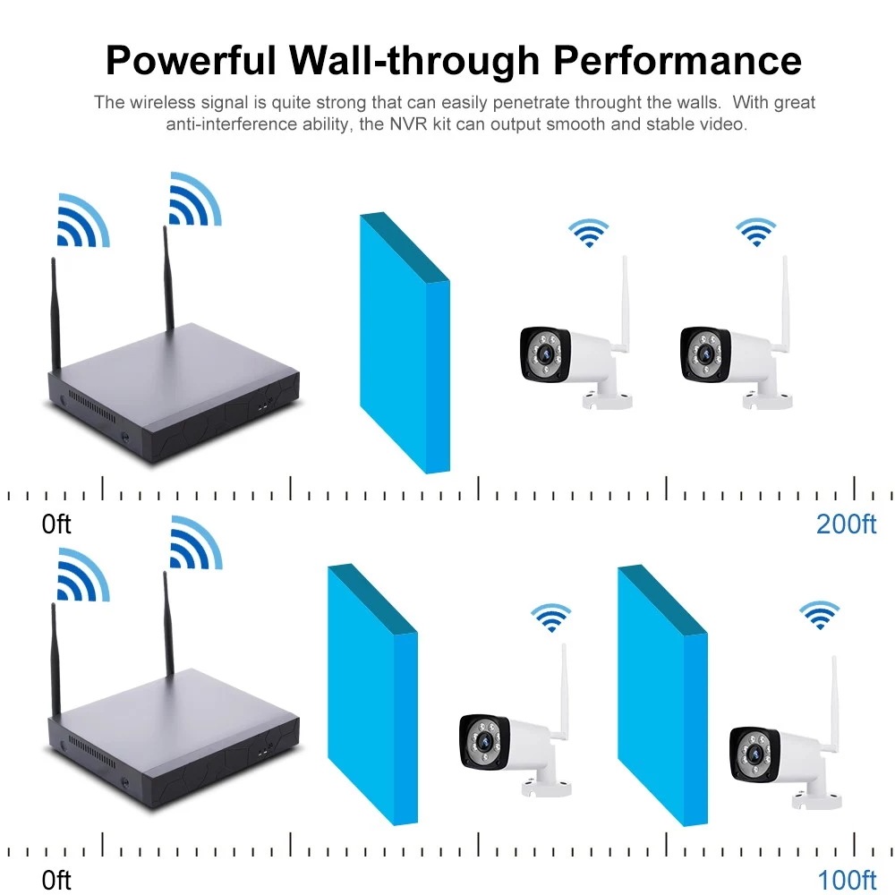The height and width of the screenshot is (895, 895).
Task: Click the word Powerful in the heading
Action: [191, 60]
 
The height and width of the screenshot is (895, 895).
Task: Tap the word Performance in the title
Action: [678, 60]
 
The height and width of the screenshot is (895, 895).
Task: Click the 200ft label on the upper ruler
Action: [846, 524]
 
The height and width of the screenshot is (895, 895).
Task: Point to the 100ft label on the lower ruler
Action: [847, 880]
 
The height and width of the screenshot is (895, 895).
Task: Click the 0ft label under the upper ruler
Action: [55, 524]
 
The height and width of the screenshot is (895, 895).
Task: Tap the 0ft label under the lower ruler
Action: [55, 880]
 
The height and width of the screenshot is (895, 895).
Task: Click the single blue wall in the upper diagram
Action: [405, 343]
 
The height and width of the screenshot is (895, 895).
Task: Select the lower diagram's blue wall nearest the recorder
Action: [372, 695]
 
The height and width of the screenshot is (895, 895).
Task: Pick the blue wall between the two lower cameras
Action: [662, 695]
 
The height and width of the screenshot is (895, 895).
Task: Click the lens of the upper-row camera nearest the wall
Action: [544, 354]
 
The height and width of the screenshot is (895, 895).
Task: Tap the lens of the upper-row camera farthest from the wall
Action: [704, 354]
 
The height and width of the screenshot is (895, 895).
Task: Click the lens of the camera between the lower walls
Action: [483, 741]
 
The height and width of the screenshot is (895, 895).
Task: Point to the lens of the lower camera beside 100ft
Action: [754, 754]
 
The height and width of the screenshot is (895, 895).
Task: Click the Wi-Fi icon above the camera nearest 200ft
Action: [755, 232]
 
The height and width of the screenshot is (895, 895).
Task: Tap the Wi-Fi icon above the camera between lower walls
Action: [550, 618]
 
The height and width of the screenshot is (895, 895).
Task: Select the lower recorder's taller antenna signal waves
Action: [196, 544]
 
